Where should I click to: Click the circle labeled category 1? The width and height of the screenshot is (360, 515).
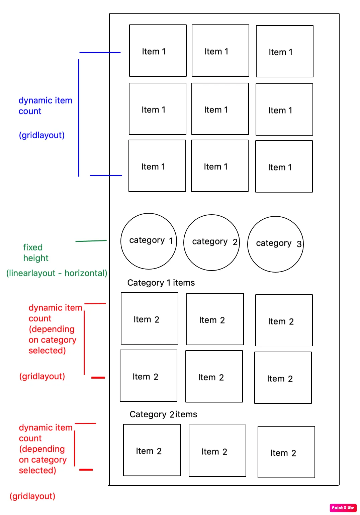pyautogui.click(x=149, y=241)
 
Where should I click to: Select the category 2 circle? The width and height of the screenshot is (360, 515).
pyautogui.click(x=211, y=242)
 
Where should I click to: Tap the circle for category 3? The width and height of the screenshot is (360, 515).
pyautogui.click(x=275, y=244)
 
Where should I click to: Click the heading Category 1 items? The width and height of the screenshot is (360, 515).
pyautogui.click(x=161, y=283)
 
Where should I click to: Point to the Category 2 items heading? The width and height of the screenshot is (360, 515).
pyautogui.click(x=163, y=415)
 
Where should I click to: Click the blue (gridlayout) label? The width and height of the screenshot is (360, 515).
pyautogui.click(x=42, y=135)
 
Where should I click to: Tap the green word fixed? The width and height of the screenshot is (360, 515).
pyautogui.click(x=33, y=247)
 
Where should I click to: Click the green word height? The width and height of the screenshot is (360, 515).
pyautogui.click(x=36, y=258)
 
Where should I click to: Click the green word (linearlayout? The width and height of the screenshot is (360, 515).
pyautogui.click(x=31, y=273)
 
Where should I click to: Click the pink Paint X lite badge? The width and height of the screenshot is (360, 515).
pyautogui.click(x=343, y=508)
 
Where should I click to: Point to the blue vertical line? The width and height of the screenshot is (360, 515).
pyautogui.click(x=79, y=117)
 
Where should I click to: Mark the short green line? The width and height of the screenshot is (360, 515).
pyautogui.click(x=91, y=241)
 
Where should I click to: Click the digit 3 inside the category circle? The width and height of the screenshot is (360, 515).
pyautogui.click(x=299, y=244)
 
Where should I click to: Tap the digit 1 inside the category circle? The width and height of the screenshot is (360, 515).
pyautogui.click(x=171, y=241)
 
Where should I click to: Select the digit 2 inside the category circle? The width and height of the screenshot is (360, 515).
pyautogui.click(x=235, y=242)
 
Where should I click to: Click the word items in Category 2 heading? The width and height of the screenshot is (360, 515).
pyautogui.click(x=186, y=415)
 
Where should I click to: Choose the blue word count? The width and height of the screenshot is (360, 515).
pyautogui.click(x=30, y=111)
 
